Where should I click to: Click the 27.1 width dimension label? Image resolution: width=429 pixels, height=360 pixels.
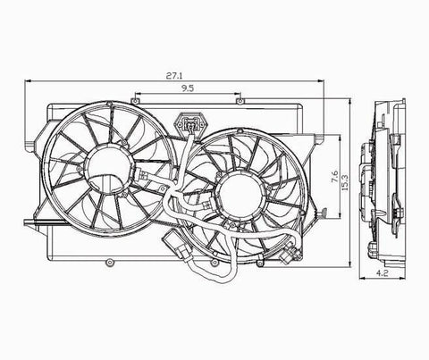tap(174, 76)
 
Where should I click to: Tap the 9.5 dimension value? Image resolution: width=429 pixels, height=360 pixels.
tap(188, 88)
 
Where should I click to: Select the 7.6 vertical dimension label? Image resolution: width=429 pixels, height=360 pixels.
tap(334, 176)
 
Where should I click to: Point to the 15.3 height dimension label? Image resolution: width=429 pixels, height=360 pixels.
tap(345, 182)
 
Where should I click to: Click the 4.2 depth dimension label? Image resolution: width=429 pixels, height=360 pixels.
tap(382, 272)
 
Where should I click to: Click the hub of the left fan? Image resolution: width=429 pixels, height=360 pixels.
tap(107, 169)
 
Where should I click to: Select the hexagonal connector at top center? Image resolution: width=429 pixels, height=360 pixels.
tap(189, 123)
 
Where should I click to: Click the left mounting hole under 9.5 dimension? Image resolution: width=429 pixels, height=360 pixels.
tap(136, 101)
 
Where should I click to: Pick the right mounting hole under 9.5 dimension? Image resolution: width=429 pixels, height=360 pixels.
tap(240, 102)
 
